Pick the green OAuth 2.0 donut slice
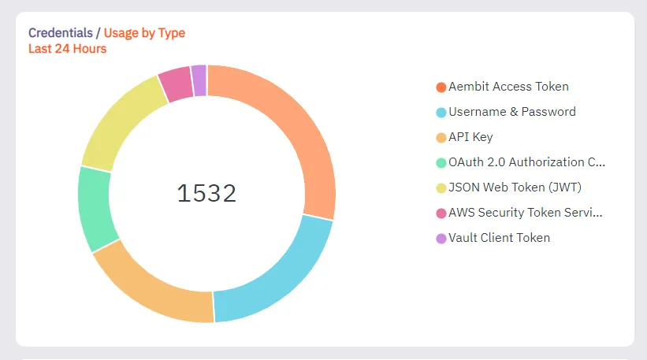tap(95, 206)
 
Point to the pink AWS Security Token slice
tap(176, 84)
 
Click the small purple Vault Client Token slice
tap(199, 80)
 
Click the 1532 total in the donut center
tap(206, 193)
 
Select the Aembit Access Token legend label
tap(508, 87)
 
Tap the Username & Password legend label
tap(512, 112)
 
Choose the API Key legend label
tap(470, 137)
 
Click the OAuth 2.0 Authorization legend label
tap(526, 162)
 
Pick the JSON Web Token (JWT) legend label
tap(515, 187)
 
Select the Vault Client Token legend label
tap(499, 238)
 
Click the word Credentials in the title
tap(59, 33)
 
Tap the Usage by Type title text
tap(146, 33)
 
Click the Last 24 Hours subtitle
tap(67, 49)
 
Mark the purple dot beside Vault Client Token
tap(441, 238)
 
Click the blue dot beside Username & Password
tap(441, 112)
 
